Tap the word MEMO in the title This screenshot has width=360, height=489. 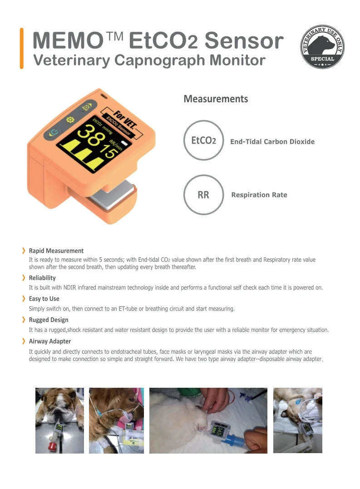pyautogui.click(x=66, y=41)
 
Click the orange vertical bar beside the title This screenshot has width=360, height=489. pyautogui.click(x=21, y=48)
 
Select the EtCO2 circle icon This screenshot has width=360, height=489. pyautogui.click(x=204, y=140)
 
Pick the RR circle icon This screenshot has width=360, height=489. pyautogui.click(x=204, y=195)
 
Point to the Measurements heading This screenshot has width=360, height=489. pyautogui.click(x=216, y=99)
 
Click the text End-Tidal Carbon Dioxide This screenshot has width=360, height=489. pyautogui.click(x=272, y=142)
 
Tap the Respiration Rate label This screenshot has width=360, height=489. pyautogui.click(x=259, y=195)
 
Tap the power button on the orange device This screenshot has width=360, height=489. pyautogui.click(x=54, y=133)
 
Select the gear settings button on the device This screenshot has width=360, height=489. pyautogui.click(x=70, y=120)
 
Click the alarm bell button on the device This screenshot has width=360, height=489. pyautogui.click(x=85, y=108)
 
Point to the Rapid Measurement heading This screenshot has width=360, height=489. pyautogui.click(x=56, y=251)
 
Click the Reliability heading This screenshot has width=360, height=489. pyautogui.click(x=42, y=278)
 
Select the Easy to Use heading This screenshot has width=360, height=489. pyautogui.click(x=44, y=299)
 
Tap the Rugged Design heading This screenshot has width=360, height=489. pyautogui.click(x=48, y=320)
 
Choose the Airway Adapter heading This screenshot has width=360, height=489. pyautogui.click(x=49, y=341)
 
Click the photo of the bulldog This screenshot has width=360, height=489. pyautogui.click(x=59, y=420)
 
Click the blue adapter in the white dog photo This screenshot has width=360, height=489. pyautogui.click(x=235, y=439)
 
